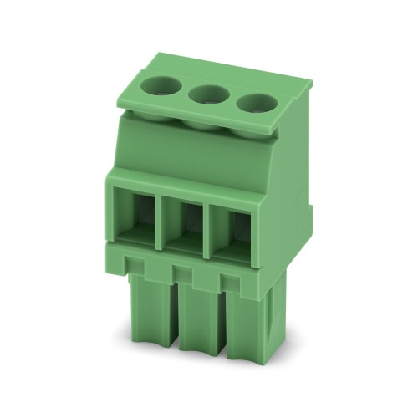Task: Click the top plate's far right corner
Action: tap(311, 84)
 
